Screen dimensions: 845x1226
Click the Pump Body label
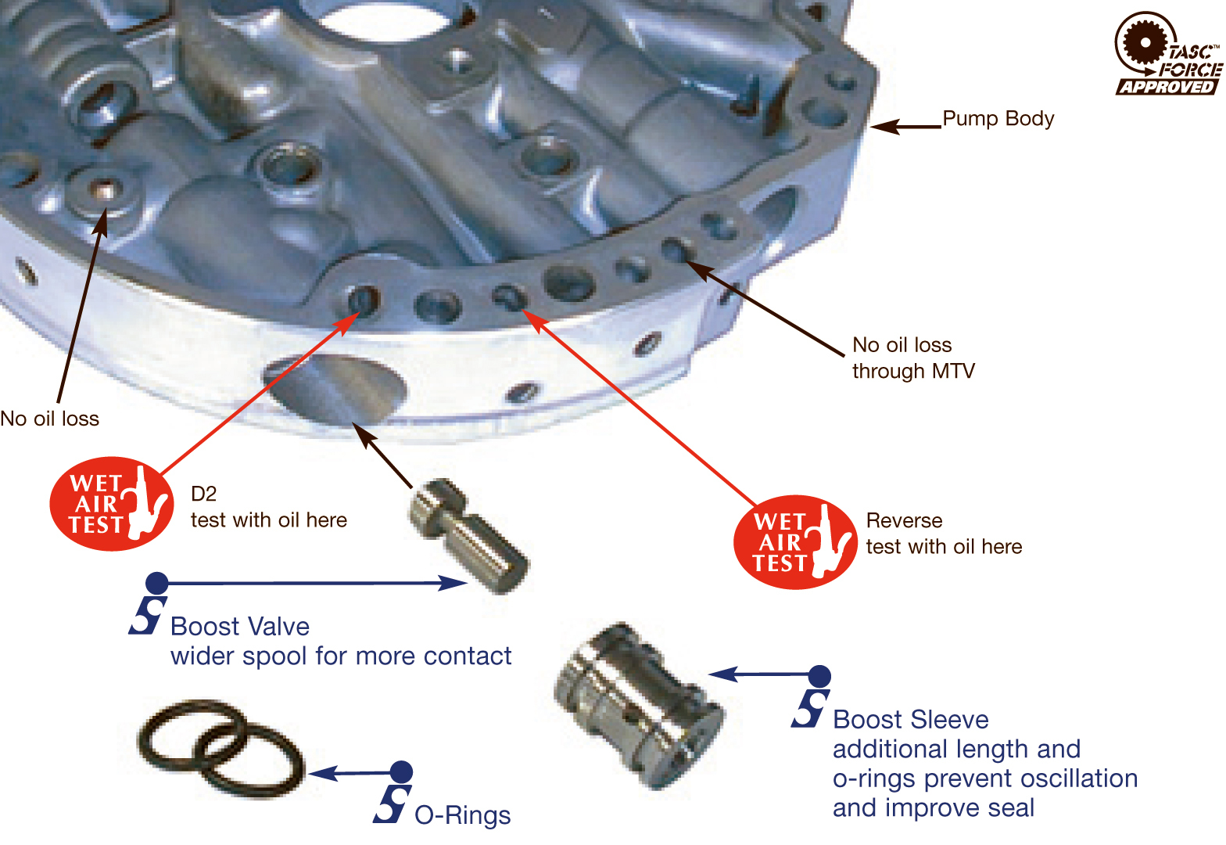tap(998, 118)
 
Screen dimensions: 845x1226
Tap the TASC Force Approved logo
tap(1167, 54)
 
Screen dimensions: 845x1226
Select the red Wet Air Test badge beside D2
tap(111, 504)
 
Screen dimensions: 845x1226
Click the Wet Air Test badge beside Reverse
tap(794, 542)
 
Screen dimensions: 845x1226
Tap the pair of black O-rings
tap(221, 749)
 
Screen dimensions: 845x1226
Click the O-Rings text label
tap(462, 815)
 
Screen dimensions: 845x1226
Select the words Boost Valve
tap(240, 627)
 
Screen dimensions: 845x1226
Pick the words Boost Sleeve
tap(911, 720)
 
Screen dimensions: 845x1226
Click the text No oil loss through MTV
tap(913, 358)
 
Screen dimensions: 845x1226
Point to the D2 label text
tap(203, 494)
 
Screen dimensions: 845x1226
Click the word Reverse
tap(904, 520)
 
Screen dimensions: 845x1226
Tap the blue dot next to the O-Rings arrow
tap(401, 771)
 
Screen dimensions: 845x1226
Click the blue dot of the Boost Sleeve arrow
tap(819, 676)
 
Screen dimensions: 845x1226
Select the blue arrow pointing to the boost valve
tap(313, 583)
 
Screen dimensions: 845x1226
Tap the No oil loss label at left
tap(50, 419)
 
